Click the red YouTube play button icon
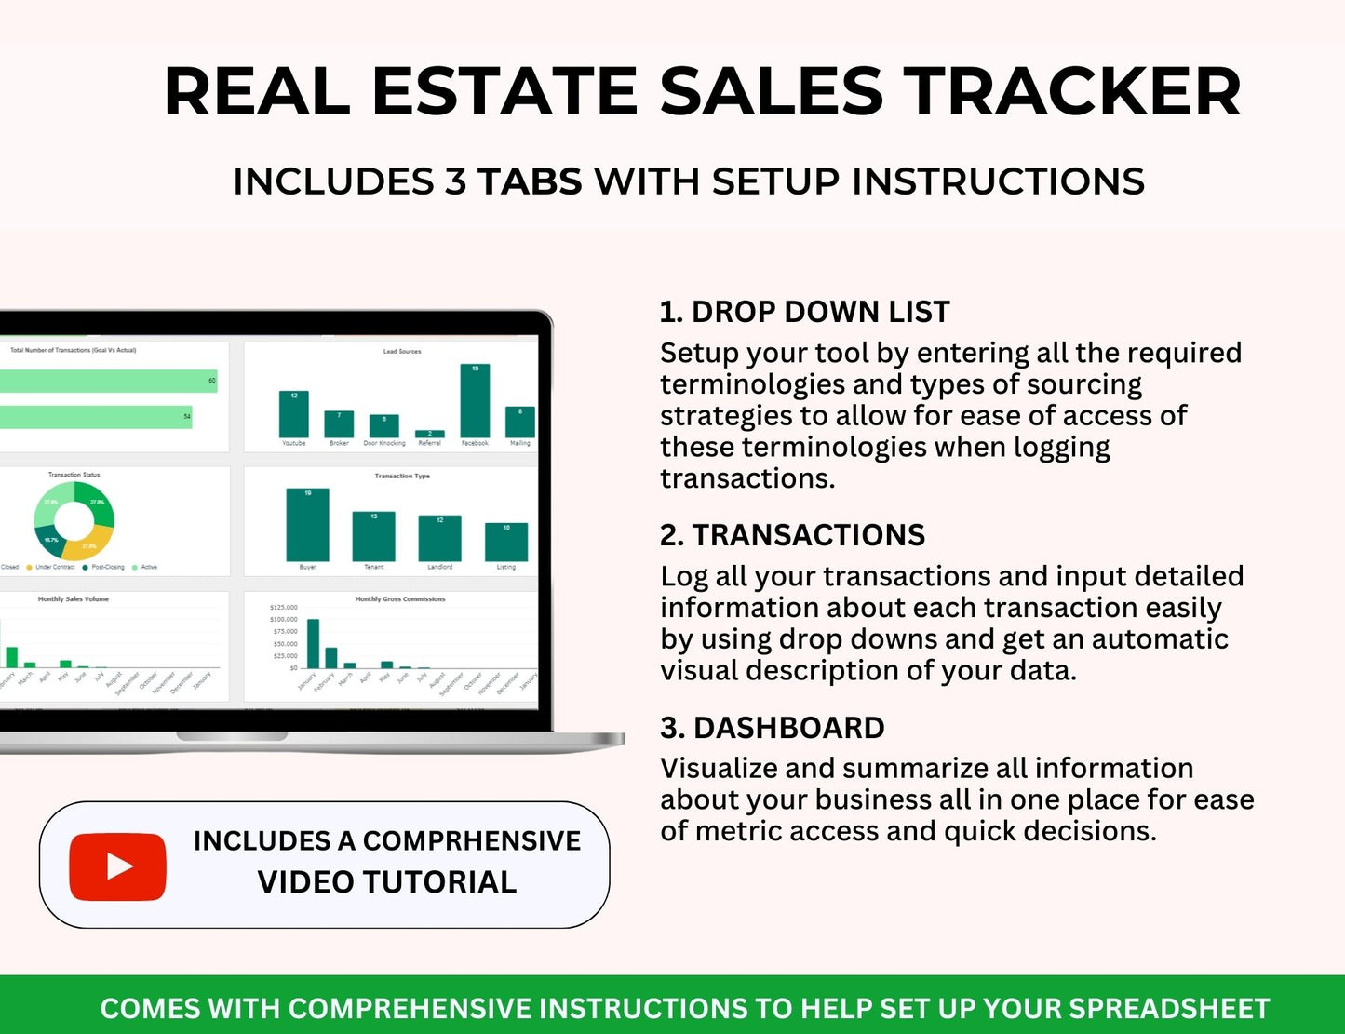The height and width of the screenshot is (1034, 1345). pos(117,866)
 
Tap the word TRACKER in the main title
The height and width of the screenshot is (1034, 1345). pos(1075,91)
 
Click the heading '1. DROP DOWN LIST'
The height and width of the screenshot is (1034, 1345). pos(804,312)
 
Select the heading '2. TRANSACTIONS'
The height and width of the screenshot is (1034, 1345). pos(792,535)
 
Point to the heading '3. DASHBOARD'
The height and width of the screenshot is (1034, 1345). pos(772,728)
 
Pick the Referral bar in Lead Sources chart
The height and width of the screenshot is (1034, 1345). pos(429,434)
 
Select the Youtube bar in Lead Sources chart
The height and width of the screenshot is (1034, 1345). pos(293,414)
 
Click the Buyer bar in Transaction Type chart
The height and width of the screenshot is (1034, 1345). pos(307,525)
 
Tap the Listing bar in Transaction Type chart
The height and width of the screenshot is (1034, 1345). pos(505,542)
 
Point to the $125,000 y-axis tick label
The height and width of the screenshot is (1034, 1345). pos(283,607)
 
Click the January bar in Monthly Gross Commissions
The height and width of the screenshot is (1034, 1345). pos(313,643)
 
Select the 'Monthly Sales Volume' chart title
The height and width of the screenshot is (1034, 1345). pos(73,599)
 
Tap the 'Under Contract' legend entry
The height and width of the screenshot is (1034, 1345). pos(54,567)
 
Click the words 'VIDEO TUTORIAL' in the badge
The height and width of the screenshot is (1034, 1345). pos(386,882)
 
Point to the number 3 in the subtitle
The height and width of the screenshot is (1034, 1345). pos(455,181)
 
